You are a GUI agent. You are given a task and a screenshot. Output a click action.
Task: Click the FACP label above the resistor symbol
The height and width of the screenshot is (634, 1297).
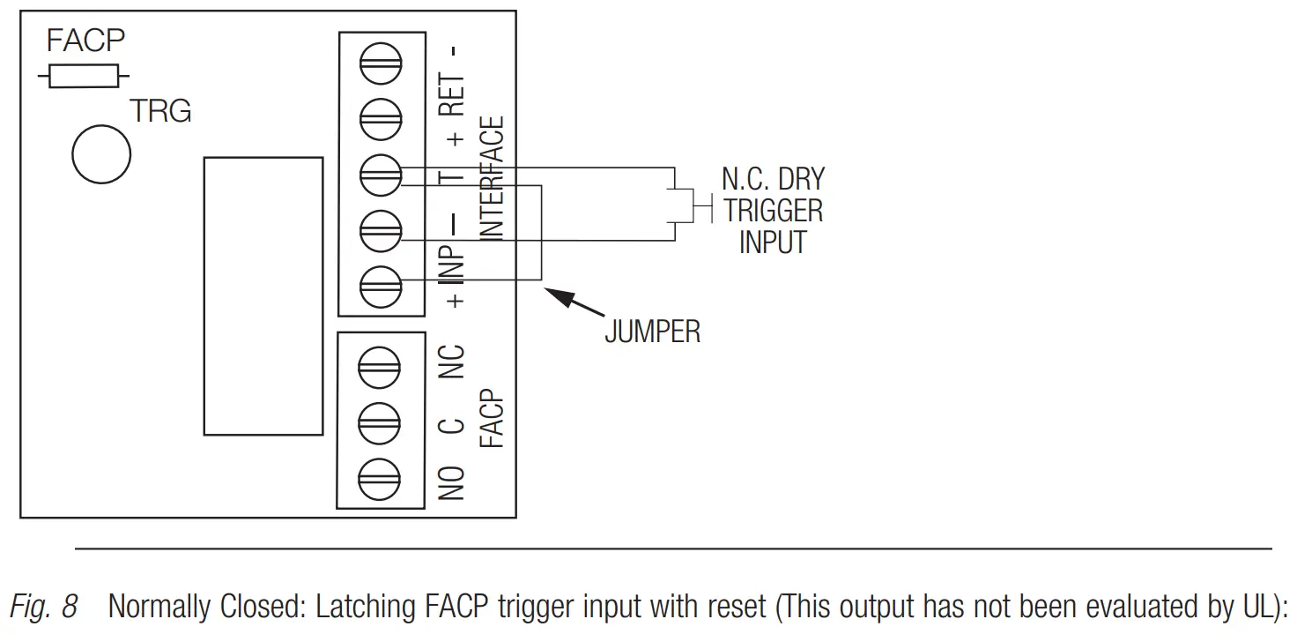[85, 41]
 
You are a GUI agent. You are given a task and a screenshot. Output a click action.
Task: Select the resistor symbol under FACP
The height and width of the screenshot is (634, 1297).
[84, 77]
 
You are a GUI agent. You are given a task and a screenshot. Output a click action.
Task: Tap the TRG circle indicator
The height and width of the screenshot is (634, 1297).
[101, 154]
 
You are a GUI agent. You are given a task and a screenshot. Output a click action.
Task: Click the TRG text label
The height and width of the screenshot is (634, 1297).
[160, 112]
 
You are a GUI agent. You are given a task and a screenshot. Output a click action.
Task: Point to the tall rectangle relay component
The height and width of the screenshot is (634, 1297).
[263, 295]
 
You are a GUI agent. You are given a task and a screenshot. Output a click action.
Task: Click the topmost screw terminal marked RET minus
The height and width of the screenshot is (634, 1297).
[381, 63]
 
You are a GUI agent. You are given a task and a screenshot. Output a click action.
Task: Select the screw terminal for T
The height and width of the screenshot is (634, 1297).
[381, 174]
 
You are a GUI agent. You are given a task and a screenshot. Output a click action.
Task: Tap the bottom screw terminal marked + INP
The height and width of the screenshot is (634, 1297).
[381, 285]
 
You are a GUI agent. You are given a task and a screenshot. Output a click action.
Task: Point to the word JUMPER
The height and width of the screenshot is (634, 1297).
[652, 332]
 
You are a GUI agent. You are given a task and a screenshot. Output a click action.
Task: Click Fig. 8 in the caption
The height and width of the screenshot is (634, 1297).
[43, 607]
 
